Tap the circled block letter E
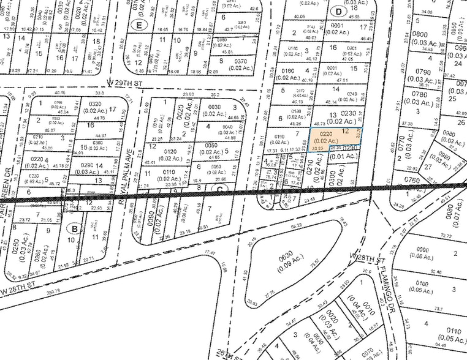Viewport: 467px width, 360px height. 140,25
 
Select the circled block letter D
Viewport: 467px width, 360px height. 339,12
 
